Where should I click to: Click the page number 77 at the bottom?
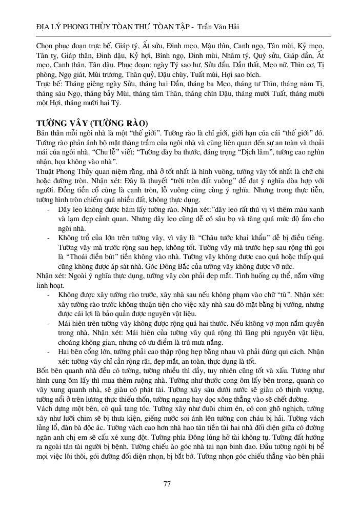pyautogui.click(x=166, y=484)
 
